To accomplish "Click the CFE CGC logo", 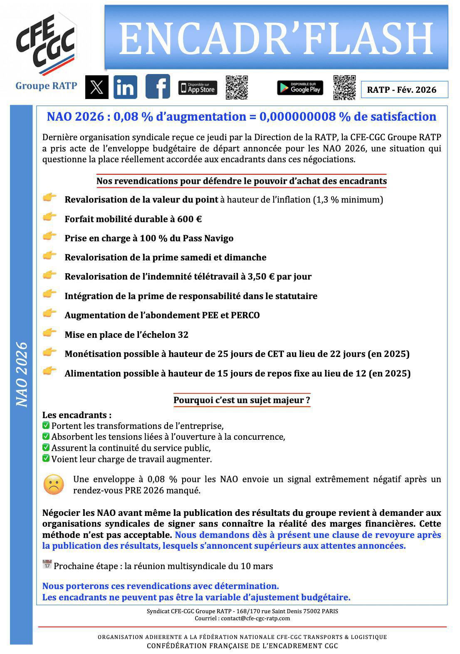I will pos(46,44).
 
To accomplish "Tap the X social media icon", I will pos(97,87).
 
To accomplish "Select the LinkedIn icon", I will pos(125,87).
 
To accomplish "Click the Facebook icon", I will pos(158,87).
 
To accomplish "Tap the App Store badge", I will pos(198,88).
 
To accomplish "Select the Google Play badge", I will pos(300,88).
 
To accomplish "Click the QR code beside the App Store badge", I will pos(237,87).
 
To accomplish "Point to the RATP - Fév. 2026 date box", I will pos(404,89).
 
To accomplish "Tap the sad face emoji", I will pos(54,484).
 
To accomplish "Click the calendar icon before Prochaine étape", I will pos(47,565).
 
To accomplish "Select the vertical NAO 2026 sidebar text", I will pos(22,374).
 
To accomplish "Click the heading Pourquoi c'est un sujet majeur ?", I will pos(242,400).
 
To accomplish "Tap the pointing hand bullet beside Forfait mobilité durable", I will pos(50,216).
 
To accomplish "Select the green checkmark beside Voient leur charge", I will pos(46,458).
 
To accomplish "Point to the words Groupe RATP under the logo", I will pos(46,86).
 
